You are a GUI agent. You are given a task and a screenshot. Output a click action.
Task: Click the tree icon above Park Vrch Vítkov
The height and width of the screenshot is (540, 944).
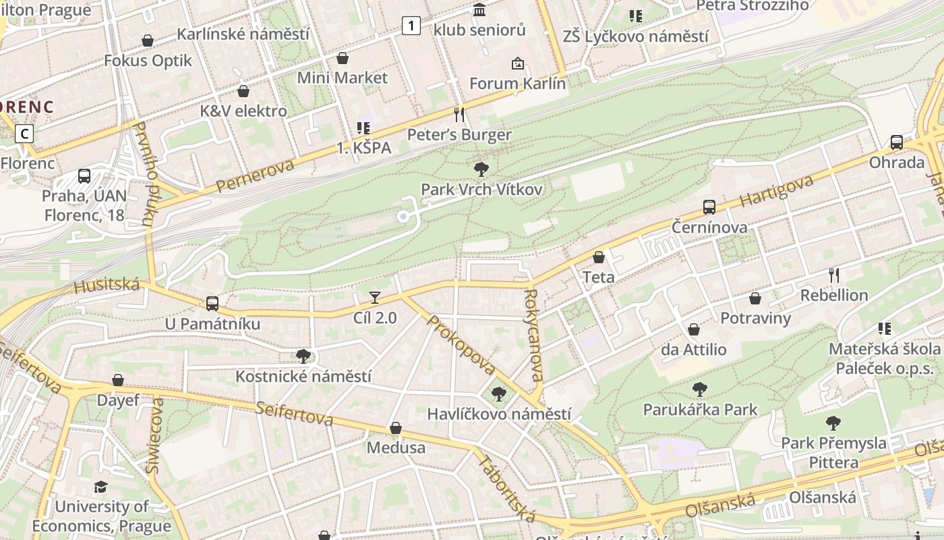pos(481,169)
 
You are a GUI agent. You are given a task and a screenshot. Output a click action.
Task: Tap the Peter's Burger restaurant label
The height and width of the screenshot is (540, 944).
pos(459,135)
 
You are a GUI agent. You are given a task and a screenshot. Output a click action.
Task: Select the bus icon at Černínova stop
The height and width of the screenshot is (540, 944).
pos(709,207)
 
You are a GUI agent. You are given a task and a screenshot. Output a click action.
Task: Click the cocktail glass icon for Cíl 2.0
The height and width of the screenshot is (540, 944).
pos(375,297)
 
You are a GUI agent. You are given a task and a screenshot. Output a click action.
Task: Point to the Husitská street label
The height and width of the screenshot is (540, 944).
pos(107,286)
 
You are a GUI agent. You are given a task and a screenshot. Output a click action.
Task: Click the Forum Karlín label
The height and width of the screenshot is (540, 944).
pos(517,84)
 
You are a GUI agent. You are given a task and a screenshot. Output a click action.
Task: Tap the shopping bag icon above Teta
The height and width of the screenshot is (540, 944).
pos(598,257)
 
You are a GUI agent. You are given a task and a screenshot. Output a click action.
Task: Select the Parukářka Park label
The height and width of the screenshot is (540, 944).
pos(700,410)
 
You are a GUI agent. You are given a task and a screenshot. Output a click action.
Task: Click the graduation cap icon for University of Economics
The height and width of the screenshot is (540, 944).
pos(100,487)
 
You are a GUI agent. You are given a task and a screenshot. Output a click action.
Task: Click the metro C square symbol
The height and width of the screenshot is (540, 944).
pos(25,134)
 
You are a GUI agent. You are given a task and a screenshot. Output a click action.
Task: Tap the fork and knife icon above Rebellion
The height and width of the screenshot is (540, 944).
pos(834,275)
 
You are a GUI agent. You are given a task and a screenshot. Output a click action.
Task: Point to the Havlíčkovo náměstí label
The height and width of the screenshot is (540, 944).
pos(499,414)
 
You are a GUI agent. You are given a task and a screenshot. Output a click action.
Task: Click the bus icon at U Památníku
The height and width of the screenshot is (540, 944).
pos(212,304)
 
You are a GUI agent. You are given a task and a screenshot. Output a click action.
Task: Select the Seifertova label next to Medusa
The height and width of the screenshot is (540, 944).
pos(294,414)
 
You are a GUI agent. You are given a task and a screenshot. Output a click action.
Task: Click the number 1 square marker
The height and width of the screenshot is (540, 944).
pos(411,26)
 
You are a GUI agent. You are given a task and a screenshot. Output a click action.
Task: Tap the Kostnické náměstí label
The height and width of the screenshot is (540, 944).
pos(303,376)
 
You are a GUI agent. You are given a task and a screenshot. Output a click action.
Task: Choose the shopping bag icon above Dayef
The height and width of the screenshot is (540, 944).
pos(118,381)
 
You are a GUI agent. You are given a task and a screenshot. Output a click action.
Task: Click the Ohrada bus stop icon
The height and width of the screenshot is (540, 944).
pos(896,142)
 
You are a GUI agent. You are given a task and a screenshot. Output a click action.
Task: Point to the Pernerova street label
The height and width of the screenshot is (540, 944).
pos(256,175)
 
